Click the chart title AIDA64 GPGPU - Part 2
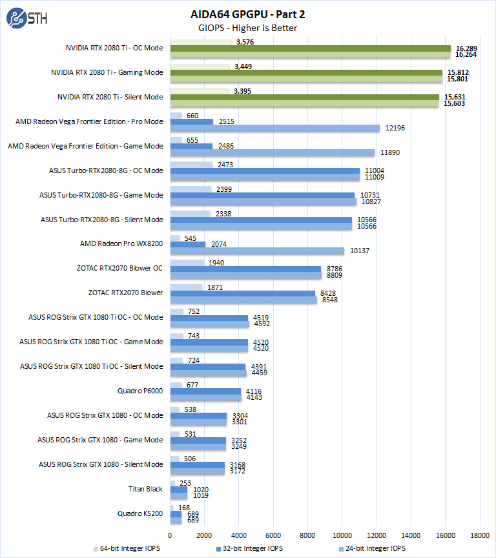click(x=247, y=14)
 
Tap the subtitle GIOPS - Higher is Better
click(x=247, y=28)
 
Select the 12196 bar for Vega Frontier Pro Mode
click(x=274, y=129)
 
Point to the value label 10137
click(x=359, y=251)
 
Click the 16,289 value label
click(x=466, y=48)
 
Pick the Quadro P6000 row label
click(x=140, y=391)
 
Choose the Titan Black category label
click(x=145, y=489)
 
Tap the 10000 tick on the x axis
click(x=342, y=535)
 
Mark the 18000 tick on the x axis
click(x=479, y=535)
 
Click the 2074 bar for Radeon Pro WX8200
click(x=187, y=244)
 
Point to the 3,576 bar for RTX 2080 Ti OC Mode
click(x=200, y=42)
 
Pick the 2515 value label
click(x=226, y=121)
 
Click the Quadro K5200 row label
click(x=140, y=513)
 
